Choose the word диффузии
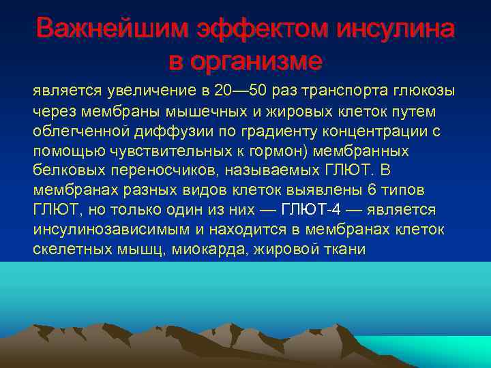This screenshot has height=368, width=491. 170,131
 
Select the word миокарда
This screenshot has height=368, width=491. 193,249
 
